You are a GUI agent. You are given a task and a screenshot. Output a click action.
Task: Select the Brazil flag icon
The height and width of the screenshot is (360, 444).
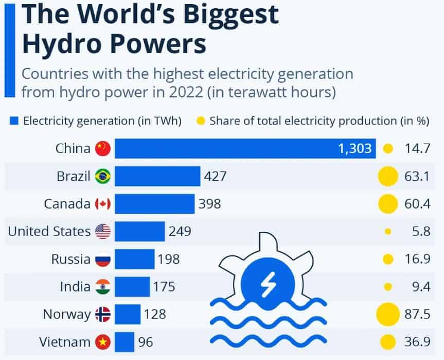[x=103, y=177]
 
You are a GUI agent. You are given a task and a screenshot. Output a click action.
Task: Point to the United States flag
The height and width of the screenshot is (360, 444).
[x=103, y=231]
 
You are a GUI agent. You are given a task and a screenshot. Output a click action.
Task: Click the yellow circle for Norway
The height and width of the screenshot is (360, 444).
[x=388, y=314]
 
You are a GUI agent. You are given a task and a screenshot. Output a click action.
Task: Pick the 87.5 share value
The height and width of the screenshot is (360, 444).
[x=417, y=314]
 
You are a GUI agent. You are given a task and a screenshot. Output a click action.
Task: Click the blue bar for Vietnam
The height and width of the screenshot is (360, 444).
[x=124, y=341]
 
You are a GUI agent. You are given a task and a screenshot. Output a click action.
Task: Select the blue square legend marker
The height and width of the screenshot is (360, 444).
[x=14, y=122]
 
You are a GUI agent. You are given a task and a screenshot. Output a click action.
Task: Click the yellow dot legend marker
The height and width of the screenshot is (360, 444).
[x=201, y=122]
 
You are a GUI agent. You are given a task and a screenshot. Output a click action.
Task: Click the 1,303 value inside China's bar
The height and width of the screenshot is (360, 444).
[x=354, y=149]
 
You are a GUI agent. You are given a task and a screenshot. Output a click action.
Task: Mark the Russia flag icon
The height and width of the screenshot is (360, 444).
[x=103, y=259]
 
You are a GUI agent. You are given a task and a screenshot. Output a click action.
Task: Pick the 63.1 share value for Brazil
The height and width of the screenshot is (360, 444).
[x=417, y=177]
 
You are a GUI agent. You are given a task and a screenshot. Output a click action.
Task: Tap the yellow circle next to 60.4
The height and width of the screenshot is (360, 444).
[x=388, y=204]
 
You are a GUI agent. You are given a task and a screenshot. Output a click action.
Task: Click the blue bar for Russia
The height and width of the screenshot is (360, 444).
[x=134, y=259]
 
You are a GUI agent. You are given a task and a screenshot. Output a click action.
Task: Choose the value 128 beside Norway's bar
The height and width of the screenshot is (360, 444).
[x=155, y=314]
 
